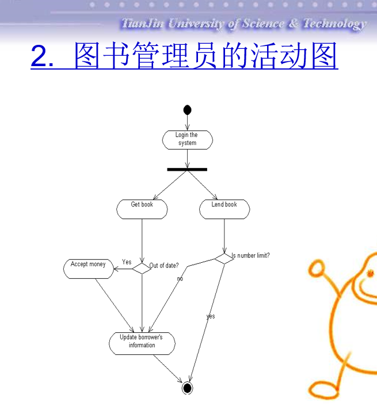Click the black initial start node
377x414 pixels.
pos(186,110)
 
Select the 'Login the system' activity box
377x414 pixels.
pos(187,140)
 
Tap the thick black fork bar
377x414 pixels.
pos(187,170)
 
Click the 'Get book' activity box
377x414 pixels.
pos(142,209)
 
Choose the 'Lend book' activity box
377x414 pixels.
pos(224,209)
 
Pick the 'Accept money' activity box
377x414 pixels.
pos(89,269)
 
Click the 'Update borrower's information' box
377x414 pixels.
pos(142,342)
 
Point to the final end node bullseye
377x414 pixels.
pos(186,388)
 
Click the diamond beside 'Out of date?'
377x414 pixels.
pos(141,267)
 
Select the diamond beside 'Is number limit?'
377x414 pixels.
pos(224,258)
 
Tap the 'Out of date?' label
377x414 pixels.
pos(164,266)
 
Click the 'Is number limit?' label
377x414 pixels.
pos(251,255)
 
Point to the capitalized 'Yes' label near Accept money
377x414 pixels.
pos(127,262)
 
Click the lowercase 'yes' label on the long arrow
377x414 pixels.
pos(211,316)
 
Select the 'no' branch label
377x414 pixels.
pos(180,278)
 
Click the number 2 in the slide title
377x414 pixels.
pos(41,57)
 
